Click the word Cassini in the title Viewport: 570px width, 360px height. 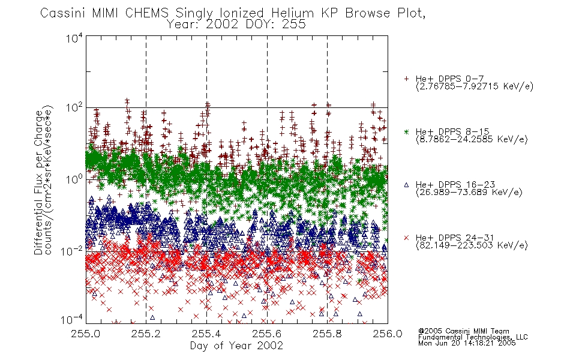click(62, 13)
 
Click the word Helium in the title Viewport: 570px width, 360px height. click(292, 13)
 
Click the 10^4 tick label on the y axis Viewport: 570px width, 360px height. click(74, 37)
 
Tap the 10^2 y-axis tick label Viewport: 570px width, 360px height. click(74, 108)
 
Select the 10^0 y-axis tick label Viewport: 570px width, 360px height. click(74, 179)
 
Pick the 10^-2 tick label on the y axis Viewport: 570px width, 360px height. click(72, 251)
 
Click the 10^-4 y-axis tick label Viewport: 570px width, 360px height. click(72, 320)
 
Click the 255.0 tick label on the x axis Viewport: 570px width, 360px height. click(86, 334)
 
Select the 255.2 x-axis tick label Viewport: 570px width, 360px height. click(146, 334)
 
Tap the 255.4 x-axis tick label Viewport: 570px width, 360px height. click(206, 334)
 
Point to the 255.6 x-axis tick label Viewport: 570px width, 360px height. click(267, 334)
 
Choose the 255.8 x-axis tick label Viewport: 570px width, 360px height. click(327, 334)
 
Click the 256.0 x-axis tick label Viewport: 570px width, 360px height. click(388, 334)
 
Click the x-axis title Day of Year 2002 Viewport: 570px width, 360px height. click(236, 346)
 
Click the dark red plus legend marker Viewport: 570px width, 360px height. click(406, 79)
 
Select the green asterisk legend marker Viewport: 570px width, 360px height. click(406, 131)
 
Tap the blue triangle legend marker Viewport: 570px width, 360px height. click(406, 185)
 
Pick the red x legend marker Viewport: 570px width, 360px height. click(406, 238)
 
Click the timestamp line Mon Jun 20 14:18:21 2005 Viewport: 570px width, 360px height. click(467, 343)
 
